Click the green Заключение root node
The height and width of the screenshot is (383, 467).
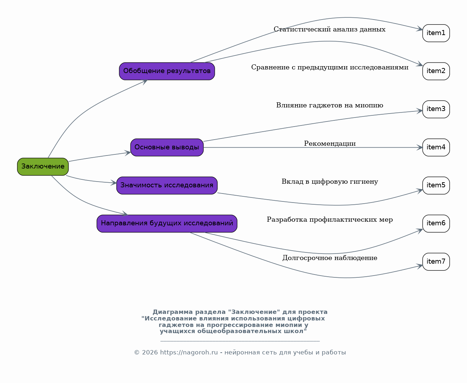click(x=43, y=167)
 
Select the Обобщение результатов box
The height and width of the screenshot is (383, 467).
click(x=167, y=71)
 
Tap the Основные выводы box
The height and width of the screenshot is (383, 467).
click(x=167, y=147)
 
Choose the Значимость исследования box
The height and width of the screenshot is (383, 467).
click(x=167, y=186)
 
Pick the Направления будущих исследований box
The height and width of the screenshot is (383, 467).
click(x=167, y=224)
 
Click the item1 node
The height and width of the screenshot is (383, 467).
click(x=436, y=33)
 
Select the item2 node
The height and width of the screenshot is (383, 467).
click(x=436, y=71)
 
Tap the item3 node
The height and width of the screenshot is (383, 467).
click(x=436, y=109)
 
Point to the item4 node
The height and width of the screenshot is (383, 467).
click(x=436, y=147)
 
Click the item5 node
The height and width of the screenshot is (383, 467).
click(x=436, y=186)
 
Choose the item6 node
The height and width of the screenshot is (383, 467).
click(x=436, y=224)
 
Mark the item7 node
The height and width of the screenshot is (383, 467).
click(x=436, y=261)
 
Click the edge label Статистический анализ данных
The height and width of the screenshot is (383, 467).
click(x=330, y=29)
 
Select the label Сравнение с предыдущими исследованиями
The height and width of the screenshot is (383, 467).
click(x=330, y=67)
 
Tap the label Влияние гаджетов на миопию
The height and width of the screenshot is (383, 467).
click(x=330, y=105)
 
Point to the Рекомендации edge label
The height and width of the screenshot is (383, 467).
click(x=330, y=144)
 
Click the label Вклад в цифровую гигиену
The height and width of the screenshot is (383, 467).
click(x=330, y=182)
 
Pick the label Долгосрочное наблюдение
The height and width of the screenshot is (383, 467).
click(x=330, y=258)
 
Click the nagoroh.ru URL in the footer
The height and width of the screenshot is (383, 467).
click(x=189, y=352)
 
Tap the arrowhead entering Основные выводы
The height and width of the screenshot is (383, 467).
click(x=128, y=153)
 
